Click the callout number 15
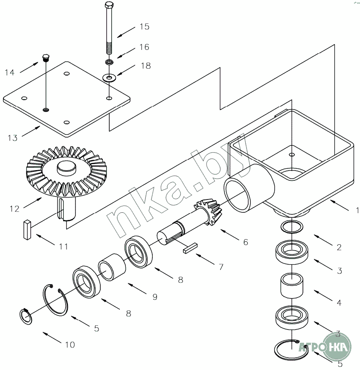144,27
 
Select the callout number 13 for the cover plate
12,138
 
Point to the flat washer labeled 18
110,78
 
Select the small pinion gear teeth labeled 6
206,211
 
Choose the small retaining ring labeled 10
27,317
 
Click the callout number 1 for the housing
357,210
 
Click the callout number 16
145,46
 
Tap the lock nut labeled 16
109,62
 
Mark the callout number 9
155,297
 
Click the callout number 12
14,209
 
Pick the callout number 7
221,267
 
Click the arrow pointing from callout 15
126,31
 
